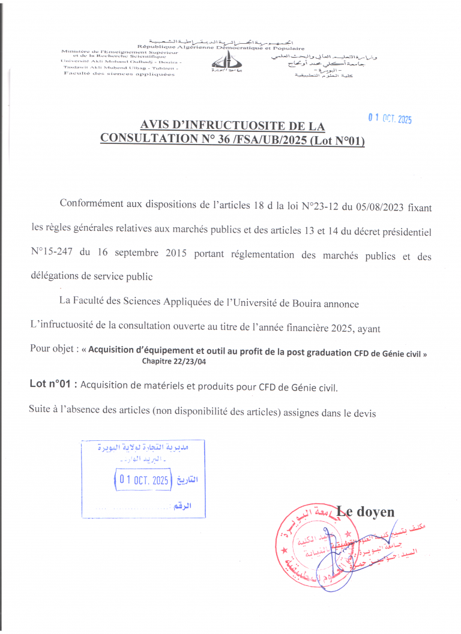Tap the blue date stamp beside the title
[390, 119]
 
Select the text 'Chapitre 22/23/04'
[175, 361]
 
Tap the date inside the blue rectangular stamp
[143, 480]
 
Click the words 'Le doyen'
[366, 512]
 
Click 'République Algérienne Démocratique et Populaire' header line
[220, 47]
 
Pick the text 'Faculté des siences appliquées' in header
[119, 74]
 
